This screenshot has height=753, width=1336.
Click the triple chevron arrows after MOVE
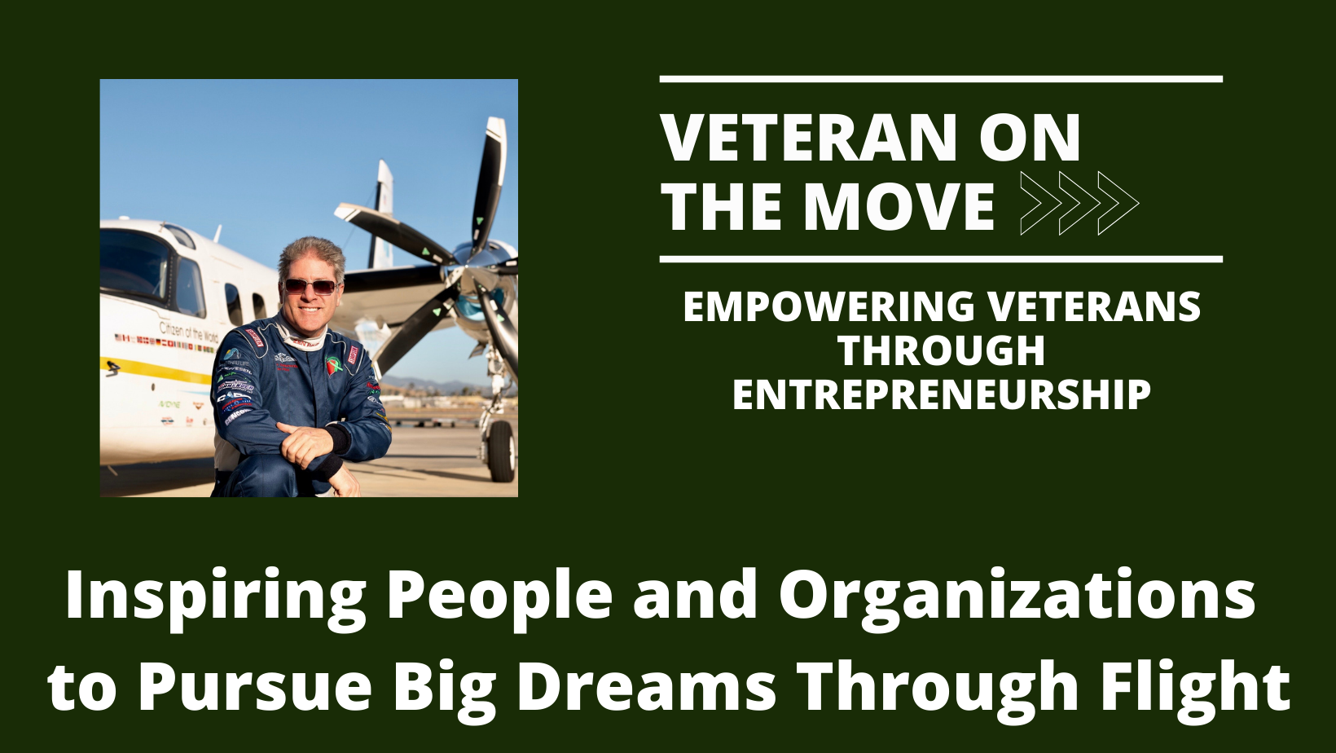click(1079, 204)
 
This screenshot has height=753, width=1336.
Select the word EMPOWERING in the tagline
click(828, 306)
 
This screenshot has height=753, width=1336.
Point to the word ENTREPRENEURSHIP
click(941, 395)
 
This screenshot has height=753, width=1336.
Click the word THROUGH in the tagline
click(941, 351)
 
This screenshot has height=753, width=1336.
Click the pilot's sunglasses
click(310, 286)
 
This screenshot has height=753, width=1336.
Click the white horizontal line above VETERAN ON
click(941, 80)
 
